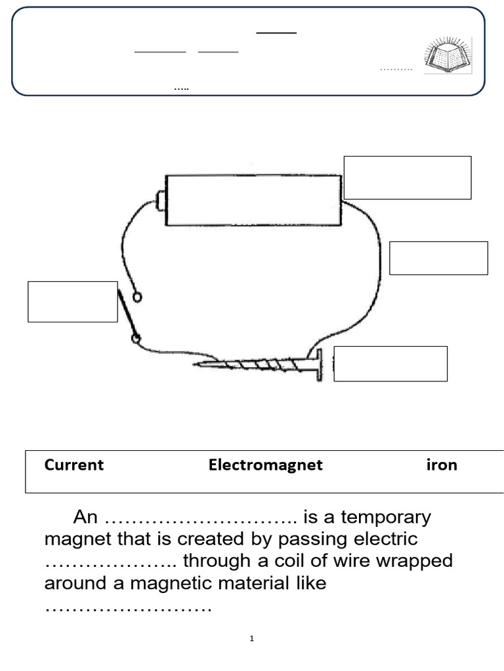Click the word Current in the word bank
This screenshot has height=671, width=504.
73,465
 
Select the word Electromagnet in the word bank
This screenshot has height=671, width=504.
266,465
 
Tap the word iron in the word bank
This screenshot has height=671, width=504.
442,465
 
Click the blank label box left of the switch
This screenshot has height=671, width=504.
72,301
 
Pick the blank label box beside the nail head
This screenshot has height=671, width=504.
390,364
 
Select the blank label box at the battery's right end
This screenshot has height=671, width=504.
408,178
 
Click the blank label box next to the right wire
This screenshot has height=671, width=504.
438,258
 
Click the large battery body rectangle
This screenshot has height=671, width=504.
253,201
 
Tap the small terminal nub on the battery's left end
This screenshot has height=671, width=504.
160,201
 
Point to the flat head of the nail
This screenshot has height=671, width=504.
320,365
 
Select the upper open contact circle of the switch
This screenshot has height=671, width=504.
137,297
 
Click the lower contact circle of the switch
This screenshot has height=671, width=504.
136,339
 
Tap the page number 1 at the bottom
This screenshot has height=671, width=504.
252,639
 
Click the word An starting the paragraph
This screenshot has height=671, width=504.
85,517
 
